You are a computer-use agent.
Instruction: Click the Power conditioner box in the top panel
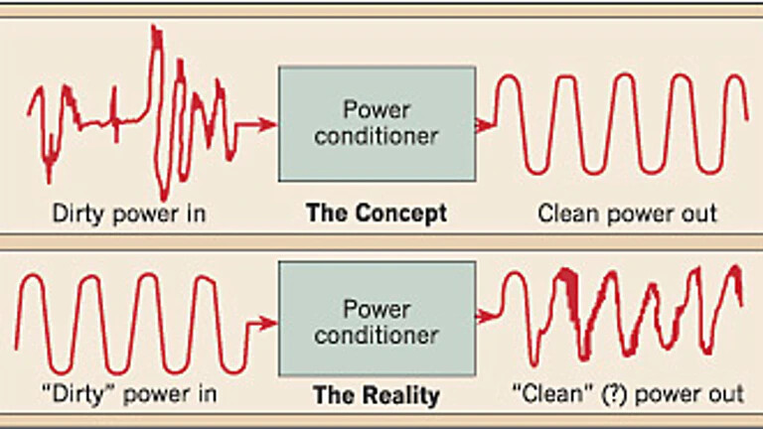click(376, 124)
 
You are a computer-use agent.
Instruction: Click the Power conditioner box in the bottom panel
click(376, 323)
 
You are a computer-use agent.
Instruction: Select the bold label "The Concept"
click(376, 213)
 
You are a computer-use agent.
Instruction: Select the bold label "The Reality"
click(376, 395)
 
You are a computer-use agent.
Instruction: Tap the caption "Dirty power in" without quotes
click(131, 213)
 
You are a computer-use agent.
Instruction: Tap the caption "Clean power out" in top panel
click(627, 213)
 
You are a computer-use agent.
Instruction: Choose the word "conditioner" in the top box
click(376, 136)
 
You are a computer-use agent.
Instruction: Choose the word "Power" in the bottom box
click(376, 309)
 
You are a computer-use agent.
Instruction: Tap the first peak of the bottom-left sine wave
click(33, 277)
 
